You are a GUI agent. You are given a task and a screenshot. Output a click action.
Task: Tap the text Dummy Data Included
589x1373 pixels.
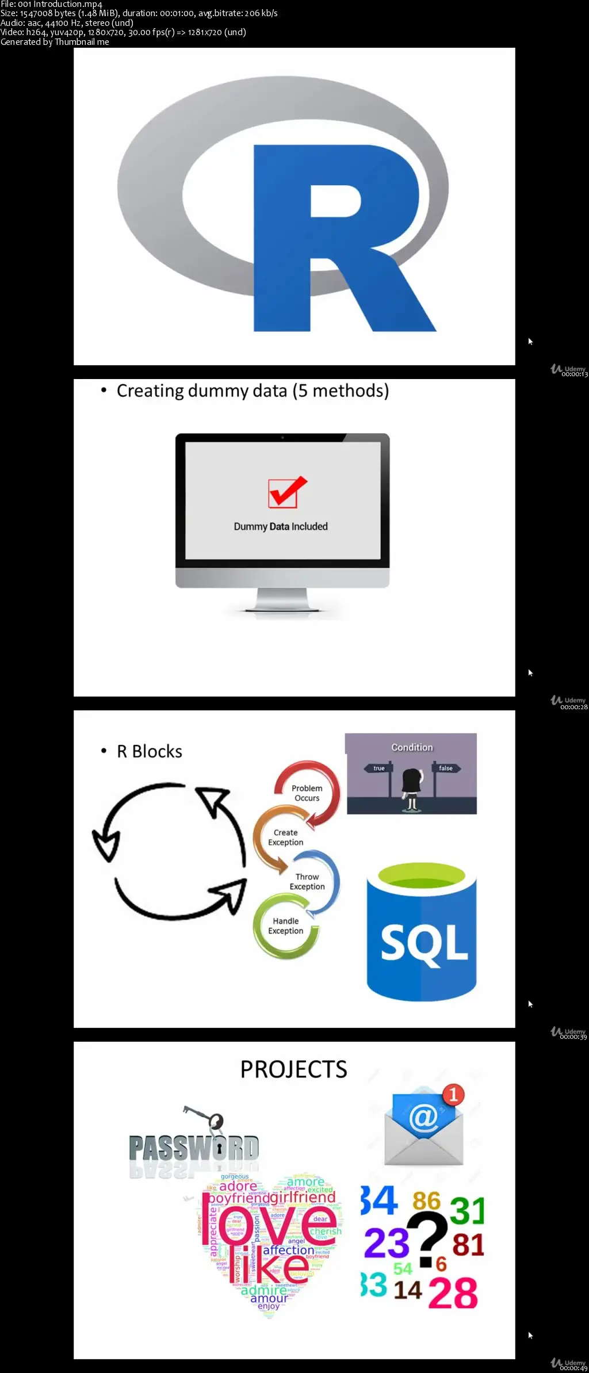click(281, 526)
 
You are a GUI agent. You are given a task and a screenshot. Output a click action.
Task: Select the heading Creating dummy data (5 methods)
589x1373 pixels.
click(253, 391)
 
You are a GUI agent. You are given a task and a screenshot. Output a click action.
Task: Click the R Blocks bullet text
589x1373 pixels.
click(149, 752)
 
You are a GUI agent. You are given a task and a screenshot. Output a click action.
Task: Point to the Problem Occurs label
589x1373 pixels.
click(307, 793)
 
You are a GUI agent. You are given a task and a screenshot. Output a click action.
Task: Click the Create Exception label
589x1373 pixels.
click(285, 837)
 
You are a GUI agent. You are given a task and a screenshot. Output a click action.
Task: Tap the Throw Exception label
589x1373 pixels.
click(307, 882)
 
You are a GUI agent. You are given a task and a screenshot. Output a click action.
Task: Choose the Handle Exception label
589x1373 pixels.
click(285, 926)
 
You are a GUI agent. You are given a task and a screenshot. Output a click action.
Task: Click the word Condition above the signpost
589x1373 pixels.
click(412, 747)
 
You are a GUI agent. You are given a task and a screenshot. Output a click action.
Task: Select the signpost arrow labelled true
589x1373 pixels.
click(378, 768)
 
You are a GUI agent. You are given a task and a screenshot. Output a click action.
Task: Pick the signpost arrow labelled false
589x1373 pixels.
click(446, 768)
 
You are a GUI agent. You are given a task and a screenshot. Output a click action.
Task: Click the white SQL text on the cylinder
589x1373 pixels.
click(424, 943)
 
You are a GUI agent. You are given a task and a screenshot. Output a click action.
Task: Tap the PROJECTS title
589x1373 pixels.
click(293, 1070)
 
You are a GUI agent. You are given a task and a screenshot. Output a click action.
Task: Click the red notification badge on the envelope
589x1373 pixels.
click(453, 1094)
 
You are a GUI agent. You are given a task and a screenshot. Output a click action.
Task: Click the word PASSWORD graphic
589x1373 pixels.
click(193, 1148)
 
